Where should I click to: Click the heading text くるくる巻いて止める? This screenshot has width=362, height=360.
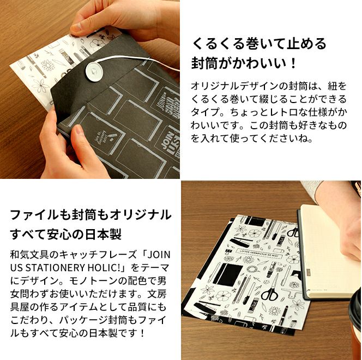[259, 44]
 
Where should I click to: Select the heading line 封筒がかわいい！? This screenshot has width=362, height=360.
[243, 63]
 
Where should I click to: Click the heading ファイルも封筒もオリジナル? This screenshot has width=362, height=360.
[90, 215]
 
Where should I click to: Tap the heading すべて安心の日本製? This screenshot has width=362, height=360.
[66, 235]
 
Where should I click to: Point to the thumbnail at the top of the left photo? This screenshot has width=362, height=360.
[79, 27]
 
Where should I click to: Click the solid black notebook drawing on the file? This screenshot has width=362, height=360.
[227, 274]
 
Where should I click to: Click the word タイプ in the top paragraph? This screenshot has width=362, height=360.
[205, 112]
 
